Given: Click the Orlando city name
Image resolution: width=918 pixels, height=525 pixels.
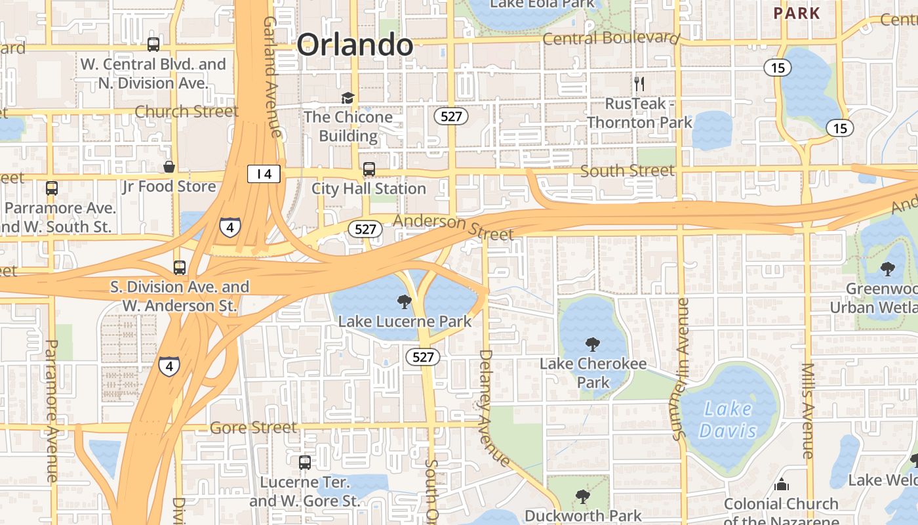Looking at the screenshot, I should [x=355, y=45].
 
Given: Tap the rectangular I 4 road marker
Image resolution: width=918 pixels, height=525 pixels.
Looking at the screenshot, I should [x=264, y=174].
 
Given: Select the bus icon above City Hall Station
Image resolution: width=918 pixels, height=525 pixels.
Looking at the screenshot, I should [x=369, y=169].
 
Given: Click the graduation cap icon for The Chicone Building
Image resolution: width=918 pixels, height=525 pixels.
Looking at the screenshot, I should [x=347, y=98].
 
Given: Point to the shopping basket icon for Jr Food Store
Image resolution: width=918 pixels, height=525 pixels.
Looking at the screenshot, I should [x=169, y=167].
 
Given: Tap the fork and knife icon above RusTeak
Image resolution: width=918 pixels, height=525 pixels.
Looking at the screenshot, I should [x=639, y=83].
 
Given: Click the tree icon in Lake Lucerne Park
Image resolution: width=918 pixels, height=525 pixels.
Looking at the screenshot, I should [x=405, y=302].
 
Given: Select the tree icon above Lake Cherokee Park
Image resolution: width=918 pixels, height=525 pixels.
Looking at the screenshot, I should [x=593, y=344].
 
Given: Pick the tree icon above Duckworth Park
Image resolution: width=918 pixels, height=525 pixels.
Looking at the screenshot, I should [x=582, y=496].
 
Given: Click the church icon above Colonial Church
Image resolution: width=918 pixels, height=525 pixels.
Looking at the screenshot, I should [x=781, y=485].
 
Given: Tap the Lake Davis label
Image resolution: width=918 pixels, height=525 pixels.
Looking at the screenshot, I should [x=728, y=420].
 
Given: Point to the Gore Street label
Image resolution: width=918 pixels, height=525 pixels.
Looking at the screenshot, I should [x=253, y=428].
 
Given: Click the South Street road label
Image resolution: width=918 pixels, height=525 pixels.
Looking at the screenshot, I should [x=627, y=171].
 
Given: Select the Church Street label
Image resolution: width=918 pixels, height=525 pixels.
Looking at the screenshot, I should [x=186, y=111].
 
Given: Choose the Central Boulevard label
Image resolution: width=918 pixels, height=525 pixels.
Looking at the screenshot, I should [x=610, y=38].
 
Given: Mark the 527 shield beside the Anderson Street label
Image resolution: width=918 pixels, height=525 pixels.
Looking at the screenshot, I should [x=365, y=229].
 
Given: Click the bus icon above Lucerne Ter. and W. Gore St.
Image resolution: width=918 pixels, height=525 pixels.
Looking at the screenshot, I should [x=305, y=462].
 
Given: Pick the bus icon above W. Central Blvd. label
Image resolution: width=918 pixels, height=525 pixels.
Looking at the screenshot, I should [x=153, y=45].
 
